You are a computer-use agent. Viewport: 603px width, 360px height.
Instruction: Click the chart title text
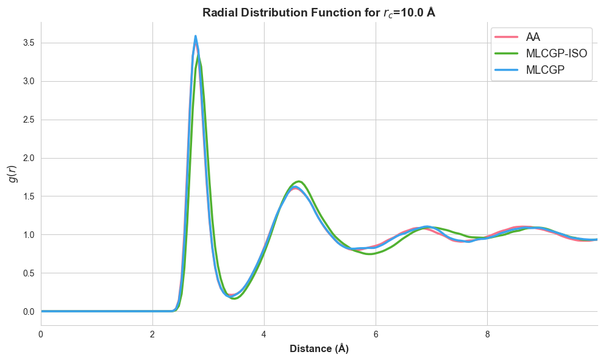click(x=318, y=13)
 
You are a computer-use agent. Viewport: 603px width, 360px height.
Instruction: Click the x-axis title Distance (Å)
click(x=319, y=348)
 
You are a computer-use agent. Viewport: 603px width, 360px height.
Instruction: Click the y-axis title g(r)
click(x=13, y=174)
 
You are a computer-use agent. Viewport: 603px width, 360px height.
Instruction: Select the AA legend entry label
click(x=533, y=37)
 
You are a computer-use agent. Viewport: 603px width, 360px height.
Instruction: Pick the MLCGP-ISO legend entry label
click(x=557, y=54)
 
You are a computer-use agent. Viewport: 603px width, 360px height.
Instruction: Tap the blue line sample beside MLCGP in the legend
click(x=506, y=70)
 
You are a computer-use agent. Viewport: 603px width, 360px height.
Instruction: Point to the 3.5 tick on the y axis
click(x=29, y=43)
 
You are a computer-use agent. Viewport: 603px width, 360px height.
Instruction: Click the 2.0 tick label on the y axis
click(x=29, y=158)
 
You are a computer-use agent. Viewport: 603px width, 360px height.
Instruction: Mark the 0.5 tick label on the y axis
click(x=29, y=273)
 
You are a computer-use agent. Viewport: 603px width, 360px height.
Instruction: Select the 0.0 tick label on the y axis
click(x=29, y=312)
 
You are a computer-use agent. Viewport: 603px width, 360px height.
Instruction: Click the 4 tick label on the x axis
click(x=264, y=334)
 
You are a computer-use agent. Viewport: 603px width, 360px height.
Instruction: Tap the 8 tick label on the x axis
click(x=487, y=334)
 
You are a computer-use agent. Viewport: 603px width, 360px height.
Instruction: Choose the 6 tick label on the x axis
click(x=376, y=334)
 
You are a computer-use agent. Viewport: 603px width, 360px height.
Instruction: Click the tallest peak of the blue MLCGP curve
click(x=196, y=36)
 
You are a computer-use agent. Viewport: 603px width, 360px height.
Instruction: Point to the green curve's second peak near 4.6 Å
click(x=299, y=181)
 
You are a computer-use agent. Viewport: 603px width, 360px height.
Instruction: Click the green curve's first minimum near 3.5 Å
click(x=234, y=298)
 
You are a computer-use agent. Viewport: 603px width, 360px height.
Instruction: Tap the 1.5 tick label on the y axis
click(x=29, y=196)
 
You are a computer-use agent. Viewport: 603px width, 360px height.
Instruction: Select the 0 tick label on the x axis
click(x=41, y=334)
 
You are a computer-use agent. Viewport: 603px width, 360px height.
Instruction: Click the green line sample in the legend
click(x=506, y=54)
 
